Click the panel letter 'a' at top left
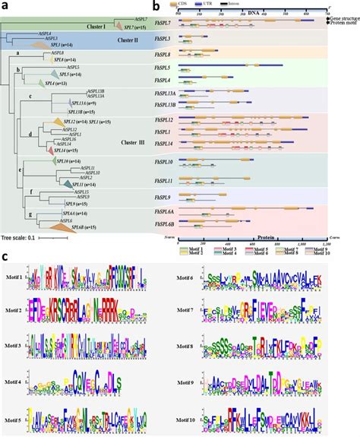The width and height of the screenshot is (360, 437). coord(5,6)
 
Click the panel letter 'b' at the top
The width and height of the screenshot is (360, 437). coord(155,6)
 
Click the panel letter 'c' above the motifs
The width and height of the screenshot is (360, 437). coord(6,258)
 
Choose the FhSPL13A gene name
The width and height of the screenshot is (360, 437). coord(167,92)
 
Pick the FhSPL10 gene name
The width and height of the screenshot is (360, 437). coord(167,163)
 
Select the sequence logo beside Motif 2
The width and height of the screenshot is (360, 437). coord(92,312)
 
